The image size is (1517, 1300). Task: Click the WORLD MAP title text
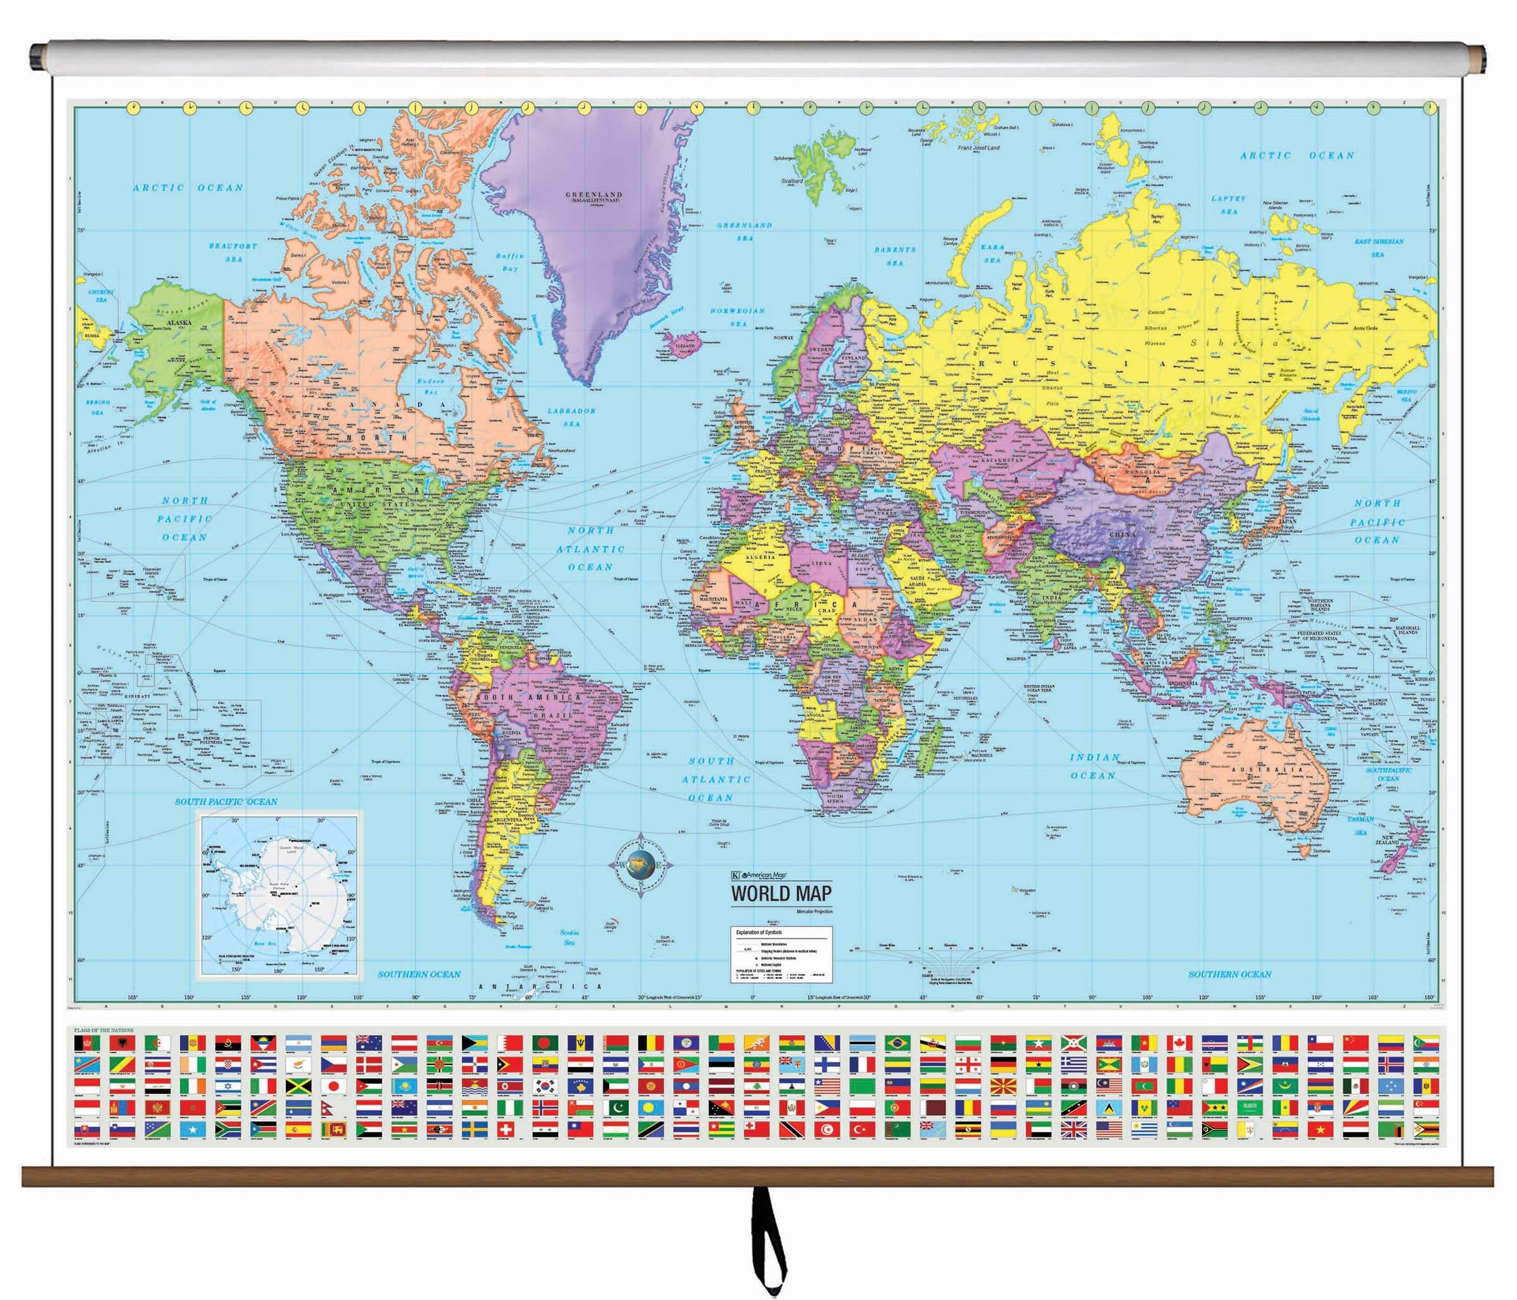tap(781, 893)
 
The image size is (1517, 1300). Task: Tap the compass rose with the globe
tap(641, 865)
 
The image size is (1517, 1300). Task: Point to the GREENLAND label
tap(593, 195)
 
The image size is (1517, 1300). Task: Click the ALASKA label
tap(179, 322)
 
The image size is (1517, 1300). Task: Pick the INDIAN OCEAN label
tap(1094, 767)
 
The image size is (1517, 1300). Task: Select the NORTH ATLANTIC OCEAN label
tap(591, 549)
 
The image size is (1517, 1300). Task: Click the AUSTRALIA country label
tap(1257, 769)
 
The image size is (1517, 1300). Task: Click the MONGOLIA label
tap(1142, 472)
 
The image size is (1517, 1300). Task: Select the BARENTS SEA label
tap(894, 255)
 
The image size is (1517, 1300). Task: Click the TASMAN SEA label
tap(1360, 825)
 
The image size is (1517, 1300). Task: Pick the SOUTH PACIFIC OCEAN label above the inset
tap(226, 801)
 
